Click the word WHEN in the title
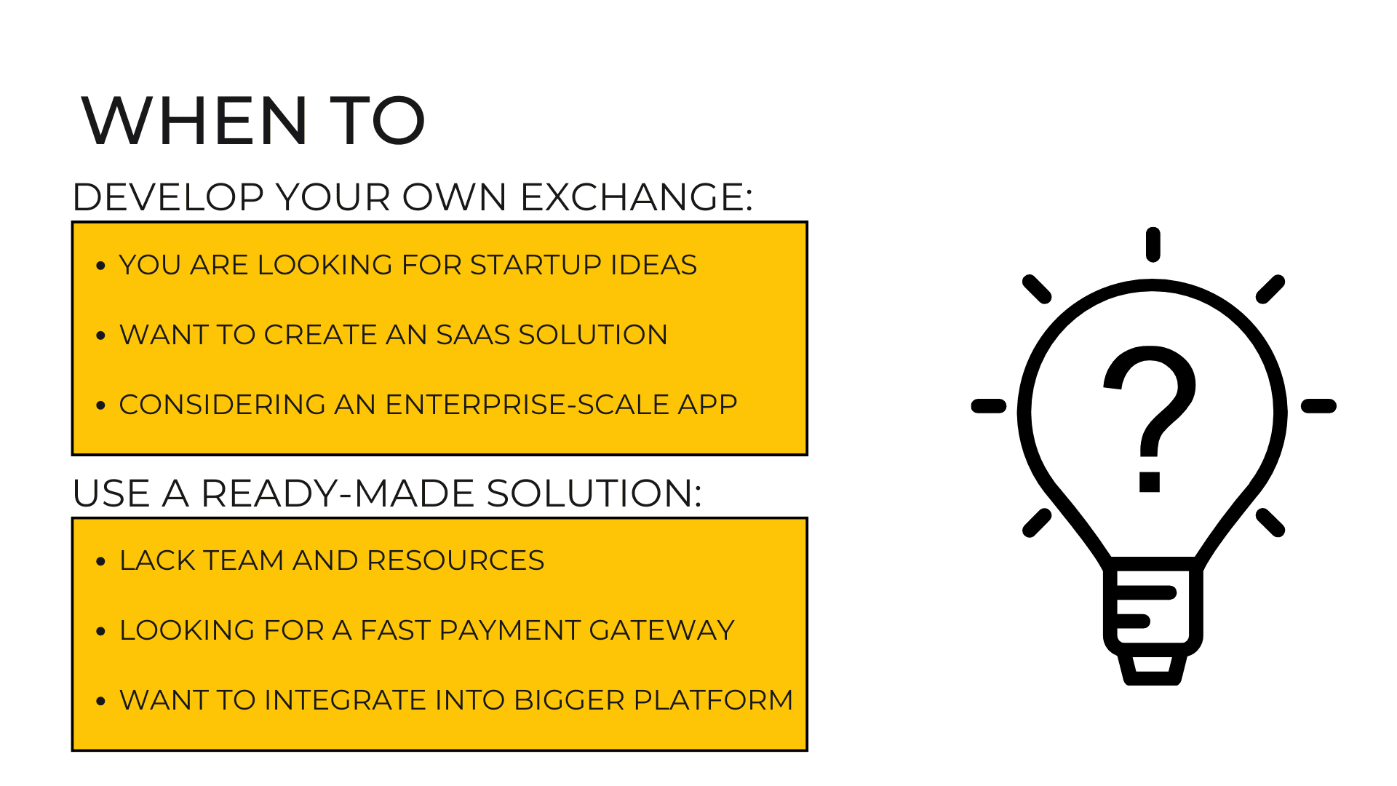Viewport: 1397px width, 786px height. tap(196, 121)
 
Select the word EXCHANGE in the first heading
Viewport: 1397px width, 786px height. tap(636, 197)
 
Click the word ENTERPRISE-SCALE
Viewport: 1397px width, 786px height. tap(528, 405)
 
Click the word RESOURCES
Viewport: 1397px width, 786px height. tap(455, 560)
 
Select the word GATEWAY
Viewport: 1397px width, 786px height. tap(661, 630)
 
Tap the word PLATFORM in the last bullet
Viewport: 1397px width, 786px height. tap(713, 700)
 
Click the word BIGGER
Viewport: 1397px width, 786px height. tap(570, 700)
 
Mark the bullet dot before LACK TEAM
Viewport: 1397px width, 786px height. tap(101, 561)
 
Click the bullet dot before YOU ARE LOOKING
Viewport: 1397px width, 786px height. tap(101, 266)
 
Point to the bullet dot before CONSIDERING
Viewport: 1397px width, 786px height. tap(101, 405)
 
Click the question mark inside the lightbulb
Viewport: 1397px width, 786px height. tap(1150, 419)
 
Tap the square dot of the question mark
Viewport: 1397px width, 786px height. tap(1150, 482)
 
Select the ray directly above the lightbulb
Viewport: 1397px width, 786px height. tap(1153, 245)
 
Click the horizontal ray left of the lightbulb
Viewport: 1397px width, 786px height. tap(989, 406)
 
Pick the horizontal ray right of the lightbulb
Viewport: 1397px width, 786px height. tap(1318, 406)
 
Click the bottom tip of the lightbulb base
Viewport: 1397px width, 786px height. tap(1153, 683)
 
